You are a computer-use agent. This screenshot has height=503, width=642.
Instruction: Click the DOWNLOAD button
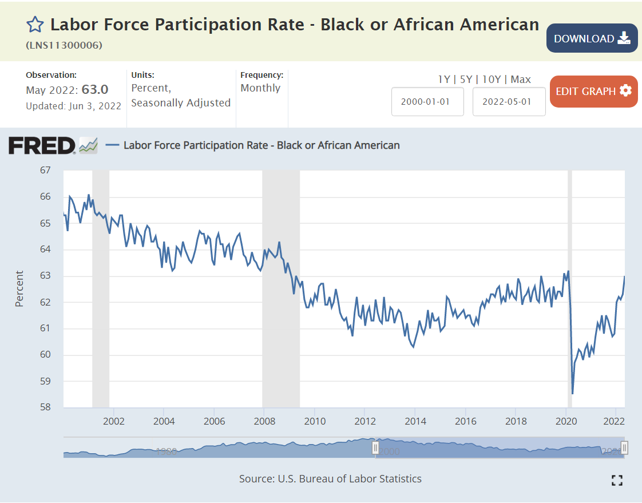[x=592, y=38]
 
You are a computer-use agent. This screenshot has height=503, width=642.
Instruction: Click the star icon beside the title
[x=35, y=25]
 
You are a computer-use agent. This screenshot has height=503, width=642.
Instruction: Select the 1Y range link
[x=444, y=80]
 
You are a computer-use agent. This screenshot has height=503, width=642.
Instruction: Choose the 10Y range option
[x=491, y=80]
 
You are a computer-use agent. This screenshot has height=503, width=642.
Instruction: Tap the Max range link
[x=521, y=80]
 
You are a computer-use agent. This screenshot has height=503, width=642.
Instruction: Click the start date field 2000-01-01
[x=427, y=102]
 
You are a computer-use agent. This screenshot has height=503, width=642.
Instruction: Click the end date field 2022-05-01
[x=509, y=102]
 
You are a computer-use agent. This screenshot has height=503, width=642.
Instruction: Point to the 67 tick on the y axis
[x=45, y=171]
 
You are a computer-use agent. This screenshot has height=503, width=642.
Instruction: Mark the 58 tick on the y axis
[x=45, y=407]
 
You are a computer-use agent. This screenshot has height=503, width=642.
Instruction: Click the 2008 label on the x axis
[x=264, y=421]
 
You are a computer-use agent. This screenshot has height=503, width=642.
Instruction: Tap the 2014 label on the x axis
[x=415, y=421]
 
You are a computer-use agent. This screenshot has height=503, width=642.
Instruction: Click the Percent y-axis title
[x=20, y=288]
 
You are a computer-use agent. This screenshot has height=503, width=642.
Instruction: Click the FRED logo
[x=42, y=145]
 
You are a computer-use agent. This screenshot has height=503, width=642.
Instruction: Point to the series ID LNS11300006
[x=64, y=45]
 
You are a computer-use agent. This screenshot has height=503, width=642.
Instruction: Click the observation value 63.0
[x=95, y=90]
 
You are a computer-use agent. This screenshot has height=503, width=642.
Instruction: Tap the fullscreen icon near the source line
[x=617, y=480]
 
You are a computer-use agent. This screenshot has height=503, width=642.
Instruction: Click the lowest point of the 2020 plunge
[x=572, y=393]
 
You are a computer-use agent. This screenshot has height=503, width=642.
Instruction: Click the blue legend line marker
[x=113, y=145]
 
